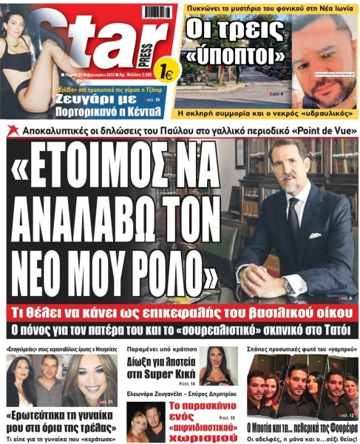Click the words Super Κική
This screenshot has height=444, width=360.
(x=168, y=374)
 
